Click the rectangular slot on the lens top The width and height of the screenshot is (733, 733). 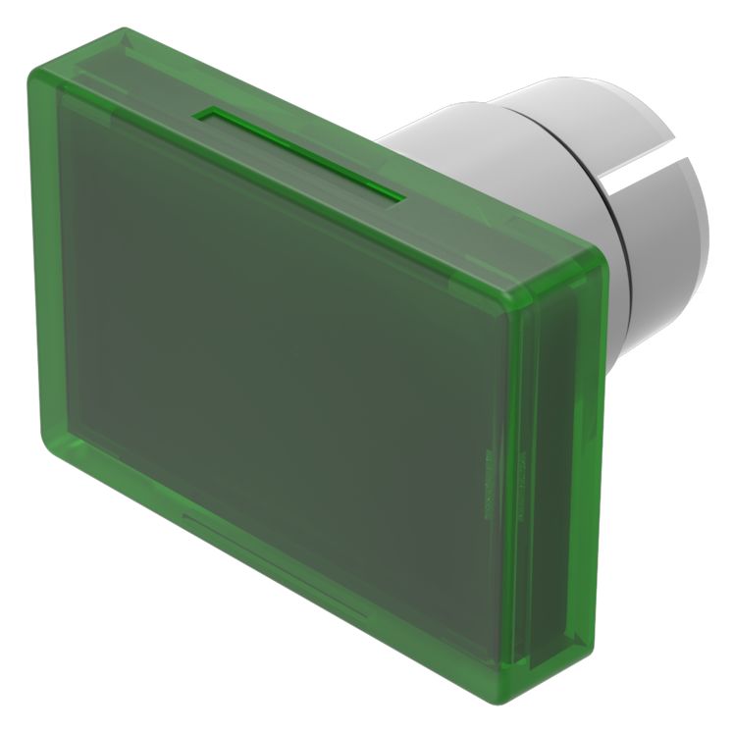tap(299, 155)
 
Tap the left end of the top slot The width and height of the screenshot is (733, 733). tap(204, 116)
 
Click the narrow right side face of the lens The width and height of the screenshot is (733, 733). tap(569, 471)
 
